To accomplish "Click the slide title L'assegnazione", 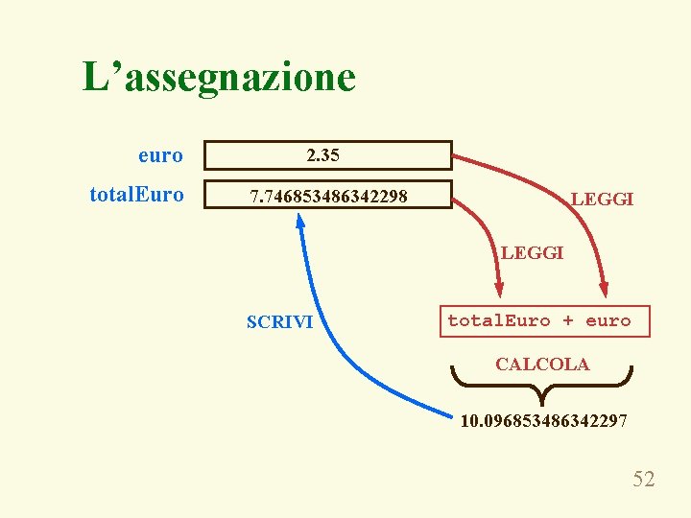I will (219, 77).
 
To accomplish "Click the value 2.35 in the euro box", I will (322, 154).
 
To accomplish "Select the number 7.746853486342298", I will (328, 198).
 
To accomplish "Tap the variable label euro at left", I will (160, 154).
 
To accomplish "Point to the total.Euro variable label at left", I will (136, 195).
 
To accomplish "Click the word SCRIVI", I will (279, 322).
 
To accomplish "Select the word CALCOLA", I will (542, 364).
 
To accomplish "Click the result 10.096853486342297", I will (544, 420).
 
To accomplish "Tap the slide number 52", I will (643, 479).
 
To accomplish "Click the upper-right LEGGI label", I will (602, 200).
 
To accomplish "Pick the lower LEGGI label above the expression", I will (532, 253).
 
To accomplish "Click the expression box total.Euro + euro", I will (539, 321).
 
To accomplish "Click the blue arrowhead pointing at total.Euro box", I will (299, 221).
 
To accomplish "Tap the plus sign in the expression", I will (568, 320).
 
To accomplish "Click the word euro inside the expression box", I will (608, 320).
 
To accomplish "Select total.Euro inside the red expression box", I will (499, 320).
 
